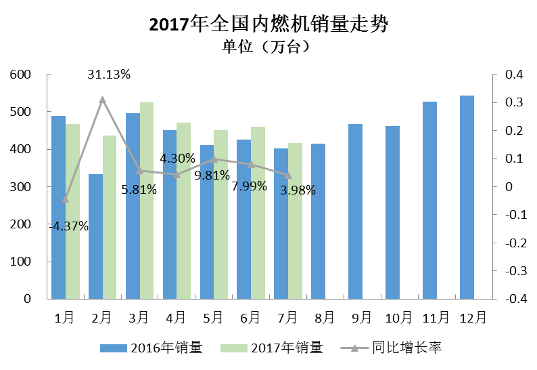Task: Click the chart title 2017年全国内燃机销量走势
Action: tap(268, 25)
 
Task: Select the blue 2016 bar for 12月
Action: tap(467, 197)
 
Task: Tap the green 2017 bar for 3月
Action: tap(147, 200)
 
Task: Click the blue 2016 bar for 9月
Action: tap(355, 211)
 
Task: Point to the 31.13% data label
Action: tap(109, 75)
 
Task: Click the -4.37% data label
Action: tap(69, 226)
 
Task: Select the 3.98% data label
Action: tap(298, 190)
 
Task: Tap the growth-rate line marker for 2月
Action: tap(103, 100)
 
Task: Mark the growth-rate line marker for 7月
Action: tap(289, 176)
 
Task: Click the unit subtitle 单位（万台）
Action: tap(268, 47)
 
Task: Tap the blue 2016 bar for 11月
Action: tap(429, 200)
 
